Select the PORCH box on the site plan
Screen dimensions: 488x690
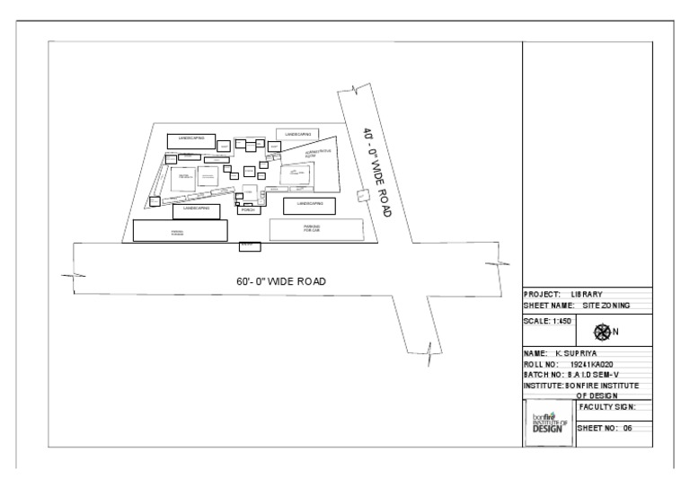pyautogui.click(x=250, y=210)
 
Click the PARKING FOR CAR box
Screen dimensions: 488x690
pyautogui.click(x=312, y=229)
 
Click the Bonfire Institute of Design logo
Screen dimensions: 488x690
pyautogui.click(x=546, y=422)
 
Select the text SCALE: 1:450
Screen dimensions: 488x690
pyautogui.click(x=547, y=321)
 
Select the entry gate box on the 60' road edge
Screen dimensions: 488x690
pyautogui.click(x=250, y=245)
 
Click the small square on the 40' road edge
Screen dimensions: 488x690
pyautogui.click(x=362, y=196)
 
